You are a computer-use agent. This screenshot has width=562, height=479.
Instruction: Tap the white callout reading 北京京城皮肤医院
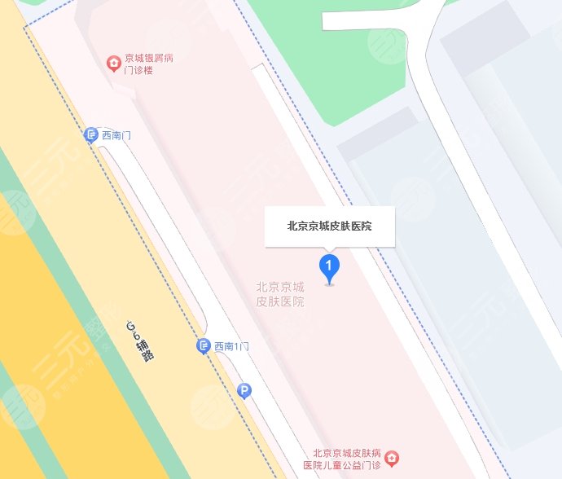tap(329, 226)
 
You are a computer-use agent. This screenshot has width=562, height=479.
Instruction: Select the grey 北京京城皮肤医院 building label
tap(280, 294)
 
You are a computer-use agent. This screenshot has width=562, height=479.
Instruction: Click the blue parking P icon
tap(244, 392)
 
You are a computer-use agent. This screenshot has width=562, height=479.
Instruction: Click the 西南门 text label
tap(116, 136)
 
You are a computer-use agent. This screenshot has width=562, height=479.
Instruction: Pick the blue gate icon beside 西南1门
tap(204, 347)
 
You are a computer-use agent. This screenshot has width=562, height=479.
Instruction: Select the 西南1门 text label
tap(231, 347)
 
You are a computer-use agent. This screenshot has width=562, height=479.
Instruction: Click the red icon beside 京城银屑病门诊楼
tap(115, 64)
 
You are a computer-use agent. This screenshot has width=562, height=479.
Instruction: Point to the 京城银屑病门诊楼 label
tap(148, 64)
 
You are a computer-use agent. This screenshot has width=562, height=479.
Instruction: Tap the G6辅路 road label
tap(140, 341)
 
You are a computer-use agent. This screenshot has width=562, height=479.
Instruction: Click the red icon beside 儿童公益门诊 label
tap(392, 459)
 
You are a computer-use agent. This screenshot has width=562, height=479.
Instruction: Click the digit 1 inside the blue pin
tap(328, 265)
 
